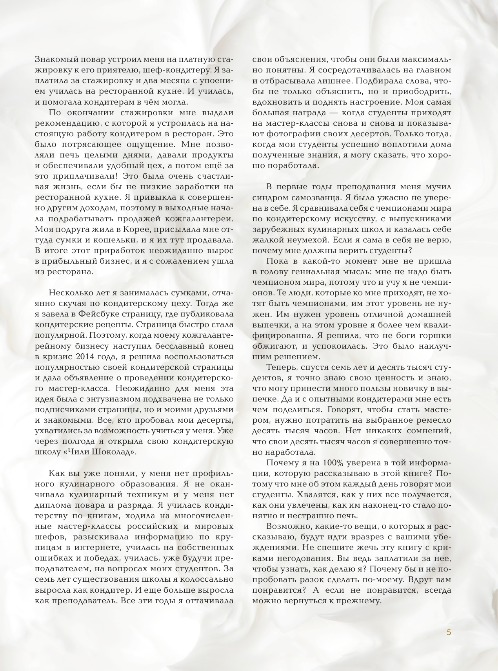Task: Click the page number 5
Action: point(449,632)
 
